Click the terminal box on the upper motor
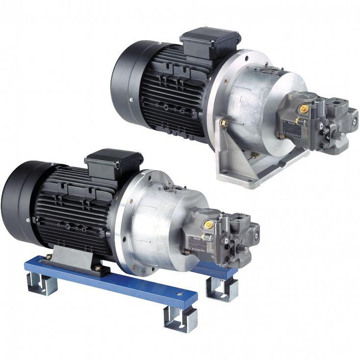point(210,41)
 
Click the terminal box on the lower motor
point(114,162)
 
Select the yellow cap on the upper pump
point(304,107)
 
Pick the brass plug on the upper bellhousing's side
point(224,123)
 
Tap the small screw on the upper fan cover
point(132,99)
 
